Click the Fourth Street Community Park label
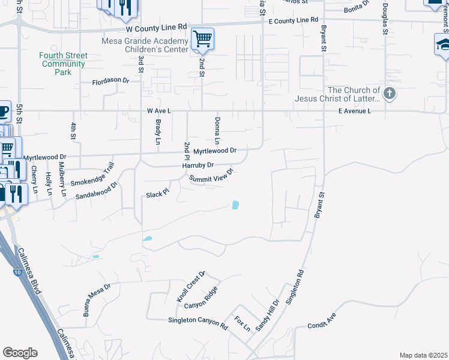pyautogui.click(x=63, y=64)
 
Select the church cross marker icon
pyautogui.click(x=390, y=94)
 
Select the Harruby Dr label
pyautogui.click(x=198, y=166)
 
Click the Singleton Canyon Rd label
pyautogui.click(x=198, y=324)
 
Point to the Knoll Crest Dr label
pyautogui.click(x=191, y=287)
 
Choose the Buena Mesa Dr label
pyautogui.click(x=97, y=299)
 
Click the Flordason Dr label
pyautogui.click(x=110, y=81)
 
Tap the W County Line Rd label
pyautogui.click(x=157, y=28)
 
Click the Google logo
pyautogui.click(x=20, y=353)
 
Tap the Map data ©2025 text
pyautogui.click(x=423, y=355)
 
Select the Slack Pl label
pyautogui.click(x=158, y=195)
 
